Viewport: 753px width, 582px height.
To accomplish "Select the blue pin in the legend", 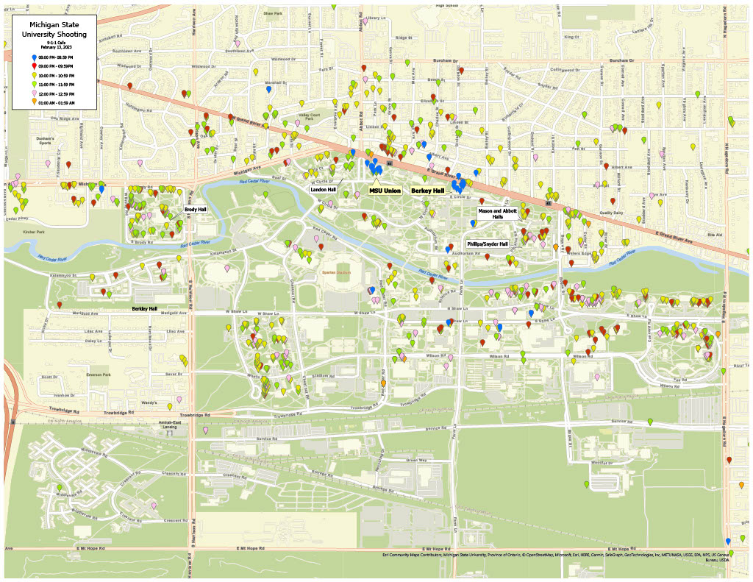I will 35,57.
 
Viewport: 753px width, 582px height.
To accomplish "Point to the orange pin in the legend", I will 35,102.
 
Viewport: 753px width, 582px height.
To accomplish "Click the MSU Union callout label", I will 385,191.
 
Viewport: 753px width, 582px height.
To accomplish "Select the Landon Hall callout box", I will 323,189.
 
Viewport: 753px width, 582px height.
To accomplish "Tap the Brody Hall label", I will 195,210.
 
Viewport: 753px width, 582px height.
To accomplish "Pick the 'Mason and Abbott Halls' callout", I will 498,213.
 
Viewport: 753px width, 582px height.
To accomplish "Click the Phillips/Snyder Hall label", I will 488,244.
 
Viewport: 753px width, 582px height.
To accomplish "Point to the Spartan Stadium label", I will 339,272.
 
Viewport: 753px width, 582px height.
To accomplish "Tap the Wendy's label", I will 149,402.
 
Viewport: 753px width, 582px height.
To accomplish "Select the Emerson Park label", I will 98,375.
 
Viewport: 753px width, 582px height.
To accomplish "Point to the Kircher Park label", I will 34,232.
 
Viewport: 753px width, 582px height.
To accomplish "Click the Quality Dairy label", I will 610,213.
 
